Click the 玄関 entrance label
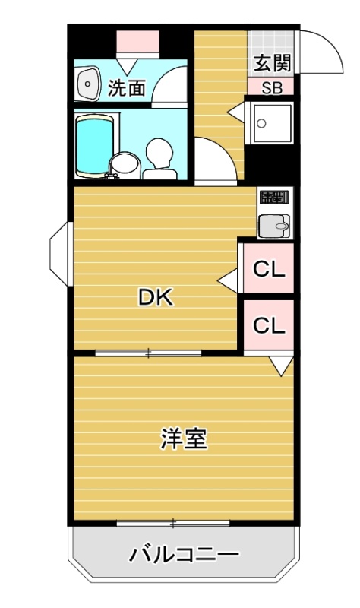pos(272,64)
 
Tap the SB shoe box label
pos(272,88)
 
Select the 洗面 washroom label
pos(126,88)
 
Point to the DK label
pos(156,299)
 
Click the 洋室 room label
pos(185,439)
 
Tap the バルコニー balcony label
pos(184,556)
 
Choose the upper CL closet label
pos(269,269)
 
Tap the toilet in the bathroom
pos(159,160)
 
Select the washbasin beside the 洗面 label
pos(89,83)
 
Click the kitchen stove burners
pos(274,198)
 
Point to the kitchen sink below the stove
pos(274,226)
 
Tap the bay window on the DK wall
pos(59,254)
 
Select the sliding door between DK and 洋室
pos(148,353)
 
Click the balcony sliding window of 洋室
pos(173,524)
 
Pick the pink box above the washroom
pos(138,41)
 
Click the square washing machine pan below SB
pos(272,123)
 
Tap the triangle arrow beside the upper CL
pos(228,280)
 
